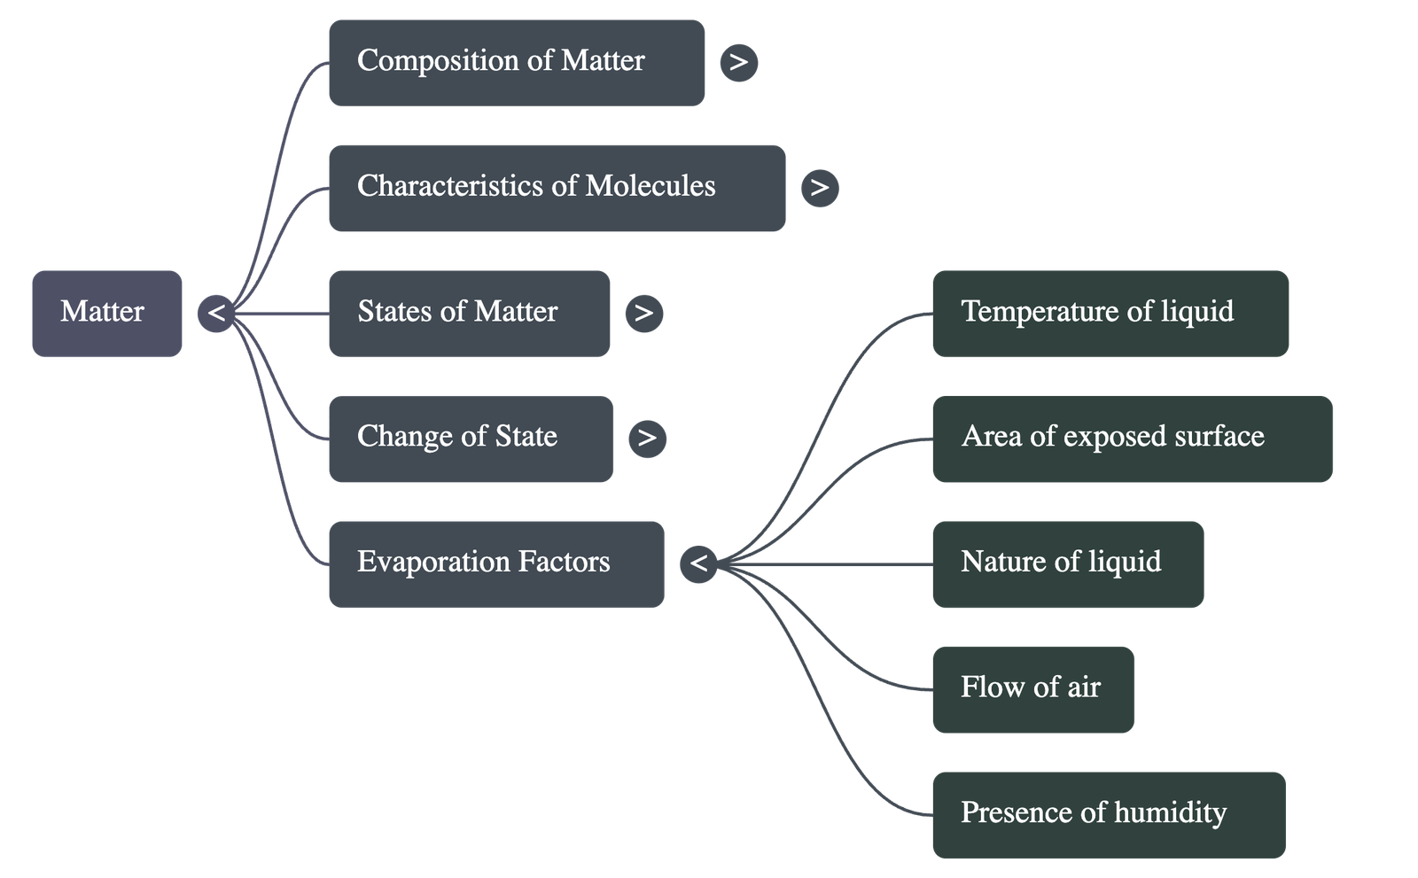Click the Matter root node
pos(106,314)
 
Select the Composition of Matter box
pos(516,63)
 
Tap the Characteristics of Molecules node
pos(556,188)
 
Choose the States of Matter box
pos(468,314)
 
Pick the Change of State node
pos(470,439)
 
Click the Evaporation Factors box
pos(495,563)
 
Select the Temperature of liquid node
pos(1110,314)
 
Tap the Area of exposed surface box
pos(1132,439)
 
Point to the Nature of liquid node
pos(1067,563)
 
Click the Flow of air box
pos(1032,689)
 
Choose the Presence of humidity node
pos(1108,814)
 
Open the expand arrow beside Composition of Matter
pos(738,63)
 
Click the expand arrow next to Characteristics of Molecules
pos(819,188)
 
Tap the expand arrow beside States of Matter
pos(643,313)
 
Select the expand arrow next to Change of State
pos(647,439)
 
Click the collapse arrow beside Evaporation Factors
pos(698,563)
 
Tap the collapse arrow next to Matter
pos(216,314)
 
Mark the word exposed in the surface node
pos(1114,437)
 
